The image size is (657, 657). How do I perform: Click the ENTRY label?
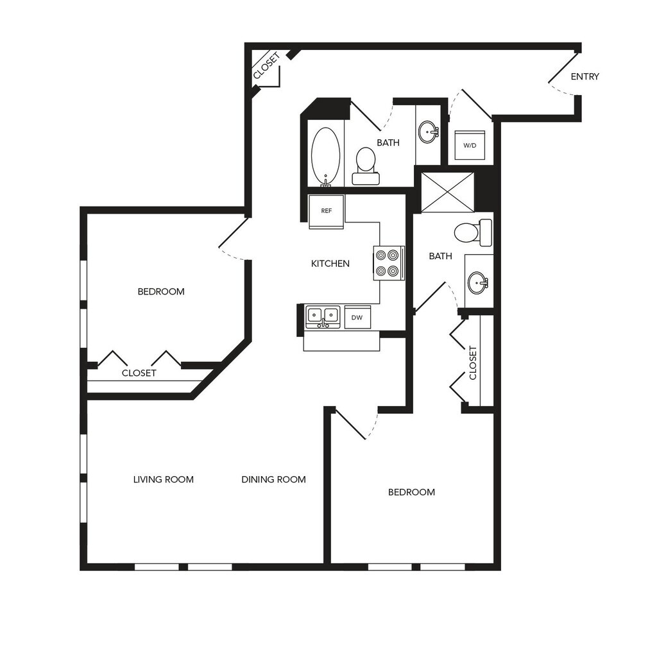tap(584, 77)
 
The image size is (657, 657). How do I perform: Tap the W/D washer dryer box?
tap(470, 146)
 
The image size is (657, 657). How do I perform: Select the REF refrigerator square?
tap(326, 211)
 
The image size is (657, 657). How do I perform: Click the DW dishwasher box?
tap(357, 317)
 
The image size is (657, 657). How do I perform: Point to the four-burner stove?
tap(389, 263)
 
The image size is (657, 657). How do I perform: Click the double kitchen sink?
tap(322, 316)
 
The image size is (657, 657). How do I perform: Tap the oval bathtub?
tap(325, 157)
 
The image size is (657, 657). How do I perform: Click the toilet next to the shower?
tap(473, 232)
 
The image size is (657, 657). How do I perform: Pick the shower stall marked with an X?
tap(447, 192)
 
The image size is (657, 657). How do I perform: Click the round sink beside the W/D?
tap(428, 132)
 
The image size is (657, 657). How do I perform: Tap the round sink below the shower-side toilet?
tap(477, 282)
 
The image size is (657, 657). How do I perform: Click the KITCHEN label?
tap(330, 264)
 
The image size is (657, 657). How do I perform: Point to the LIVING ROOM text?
tap(164, 479)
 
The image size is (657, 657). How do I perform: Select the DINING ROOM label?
tap(273, 479)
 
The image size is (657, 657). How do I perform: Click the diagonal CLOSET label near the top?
tap(266, 66)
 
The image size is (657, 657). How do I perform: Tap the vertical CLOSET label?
tap(473, 363)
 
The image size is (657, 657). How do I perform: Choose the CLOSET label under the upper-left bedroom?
tap(139, 373)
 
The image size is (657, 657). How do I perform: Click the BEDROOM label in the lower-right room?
tap(411, 492)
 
